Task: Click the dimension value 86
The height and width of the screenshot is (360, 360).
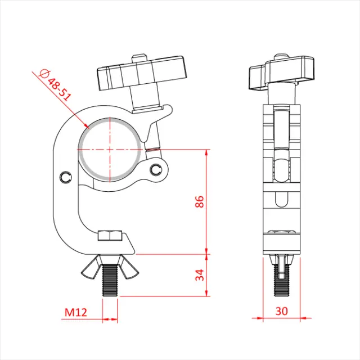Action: click(x=199, y=202)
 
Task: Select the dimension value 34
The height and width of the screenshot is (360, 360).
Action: click(x=199, y=275)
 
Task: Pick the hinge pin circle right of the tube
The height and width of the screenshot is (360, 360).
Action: click(x=157, y=169)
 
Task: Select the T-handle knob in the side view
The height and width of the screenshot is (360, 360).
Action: click(x=281, y=74)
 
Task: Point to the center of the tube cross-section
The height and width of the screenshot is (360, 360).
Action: click(x=111, y=150)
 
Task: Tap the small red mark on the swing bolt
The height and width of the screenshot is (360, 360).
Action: click(x=152, y=150)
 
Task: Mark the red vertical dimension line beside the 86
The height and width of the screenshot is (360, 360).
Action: click(x=208, y=202)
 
